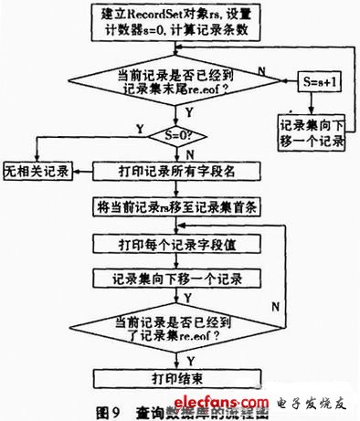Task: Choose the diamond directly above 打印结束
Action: pos(179,330)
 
